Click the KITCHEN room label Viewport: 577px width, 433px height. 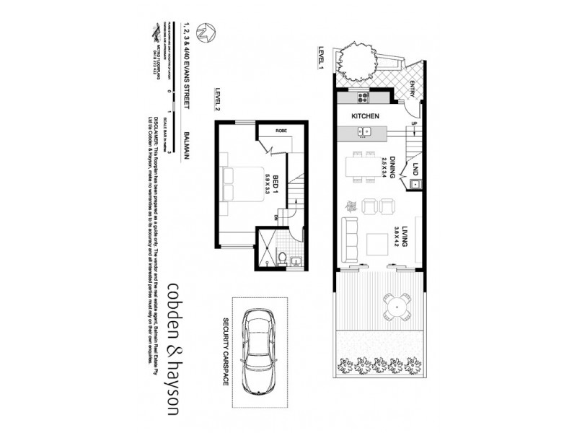pos(366,115)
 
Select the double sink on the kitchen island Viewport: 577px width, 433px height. pos(365,132)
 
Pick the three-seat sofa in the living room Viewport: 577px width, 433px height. pos(349,237)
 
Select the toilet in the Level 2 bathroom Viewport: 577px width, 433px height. pos(282,257)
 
